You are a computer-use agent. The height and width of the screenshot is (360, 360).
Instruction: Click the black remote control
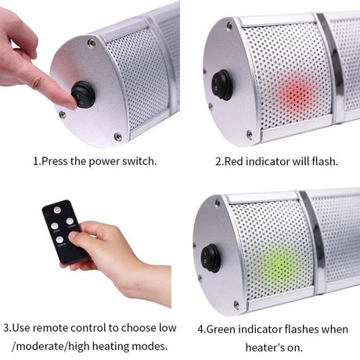[x=63, y=232]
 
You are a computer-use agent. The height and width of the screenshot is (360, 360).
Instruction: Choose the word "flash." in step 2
[x=322, y=163]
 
